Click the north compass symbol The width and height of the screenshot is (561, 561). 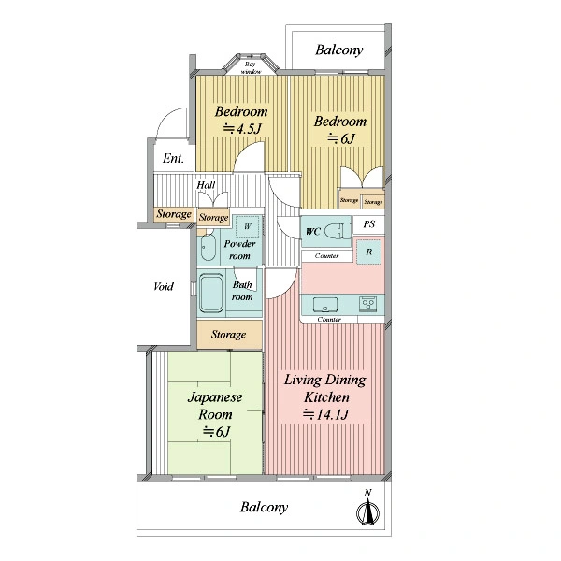(367, 510)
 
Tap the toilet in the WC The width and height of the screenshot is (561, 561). (338, 231)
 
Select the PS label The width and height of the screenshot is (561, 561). (369, 224)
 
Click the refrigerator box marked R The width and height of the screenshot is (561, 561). (369, 252)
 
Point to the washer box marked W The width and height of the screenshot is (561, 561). (247, 226)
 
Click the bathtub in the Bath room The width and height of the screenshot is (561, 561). (211, 294)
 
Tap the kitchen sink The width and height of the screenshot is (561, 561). (325, 305)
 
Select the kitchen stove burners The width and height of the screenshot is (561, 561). (367, 304)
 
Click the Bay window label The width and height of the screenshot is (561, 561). (251, 68)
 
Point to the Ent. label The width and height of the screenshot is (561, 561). (173, 159)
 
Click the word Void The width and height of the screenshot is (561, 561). (164, 287)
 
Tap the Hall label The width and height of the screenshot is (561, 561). (206, 185)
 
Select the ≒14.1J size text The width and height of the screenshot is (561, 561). (326, 414)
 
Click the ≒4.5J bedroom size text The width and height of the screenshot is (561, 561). (242, 128)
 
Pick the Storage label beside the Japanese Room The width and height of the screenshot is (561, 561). (228, 335)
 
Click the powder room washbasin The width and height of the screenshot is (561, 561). (208, 247)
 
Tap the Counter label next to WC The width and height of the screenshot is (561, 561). (326, 256)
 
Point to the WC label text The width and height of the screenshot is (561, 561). (312, 232)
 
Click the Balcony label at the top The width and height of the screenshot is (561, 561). (339, 50)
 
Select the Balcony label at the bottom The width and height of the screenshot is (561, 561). (264, 507)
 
